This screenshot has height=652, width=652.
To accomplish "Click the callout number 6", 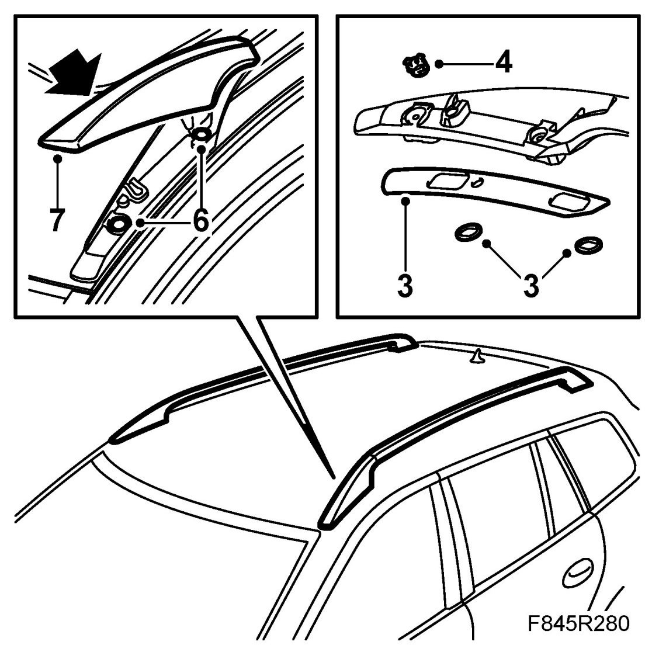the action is tap(199, 220).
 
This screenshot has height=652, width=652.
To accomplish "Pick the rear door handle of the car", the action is tap(577, 575).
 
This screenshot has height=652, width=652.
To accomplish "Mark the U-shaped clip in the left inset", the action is tap(136, 188).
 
